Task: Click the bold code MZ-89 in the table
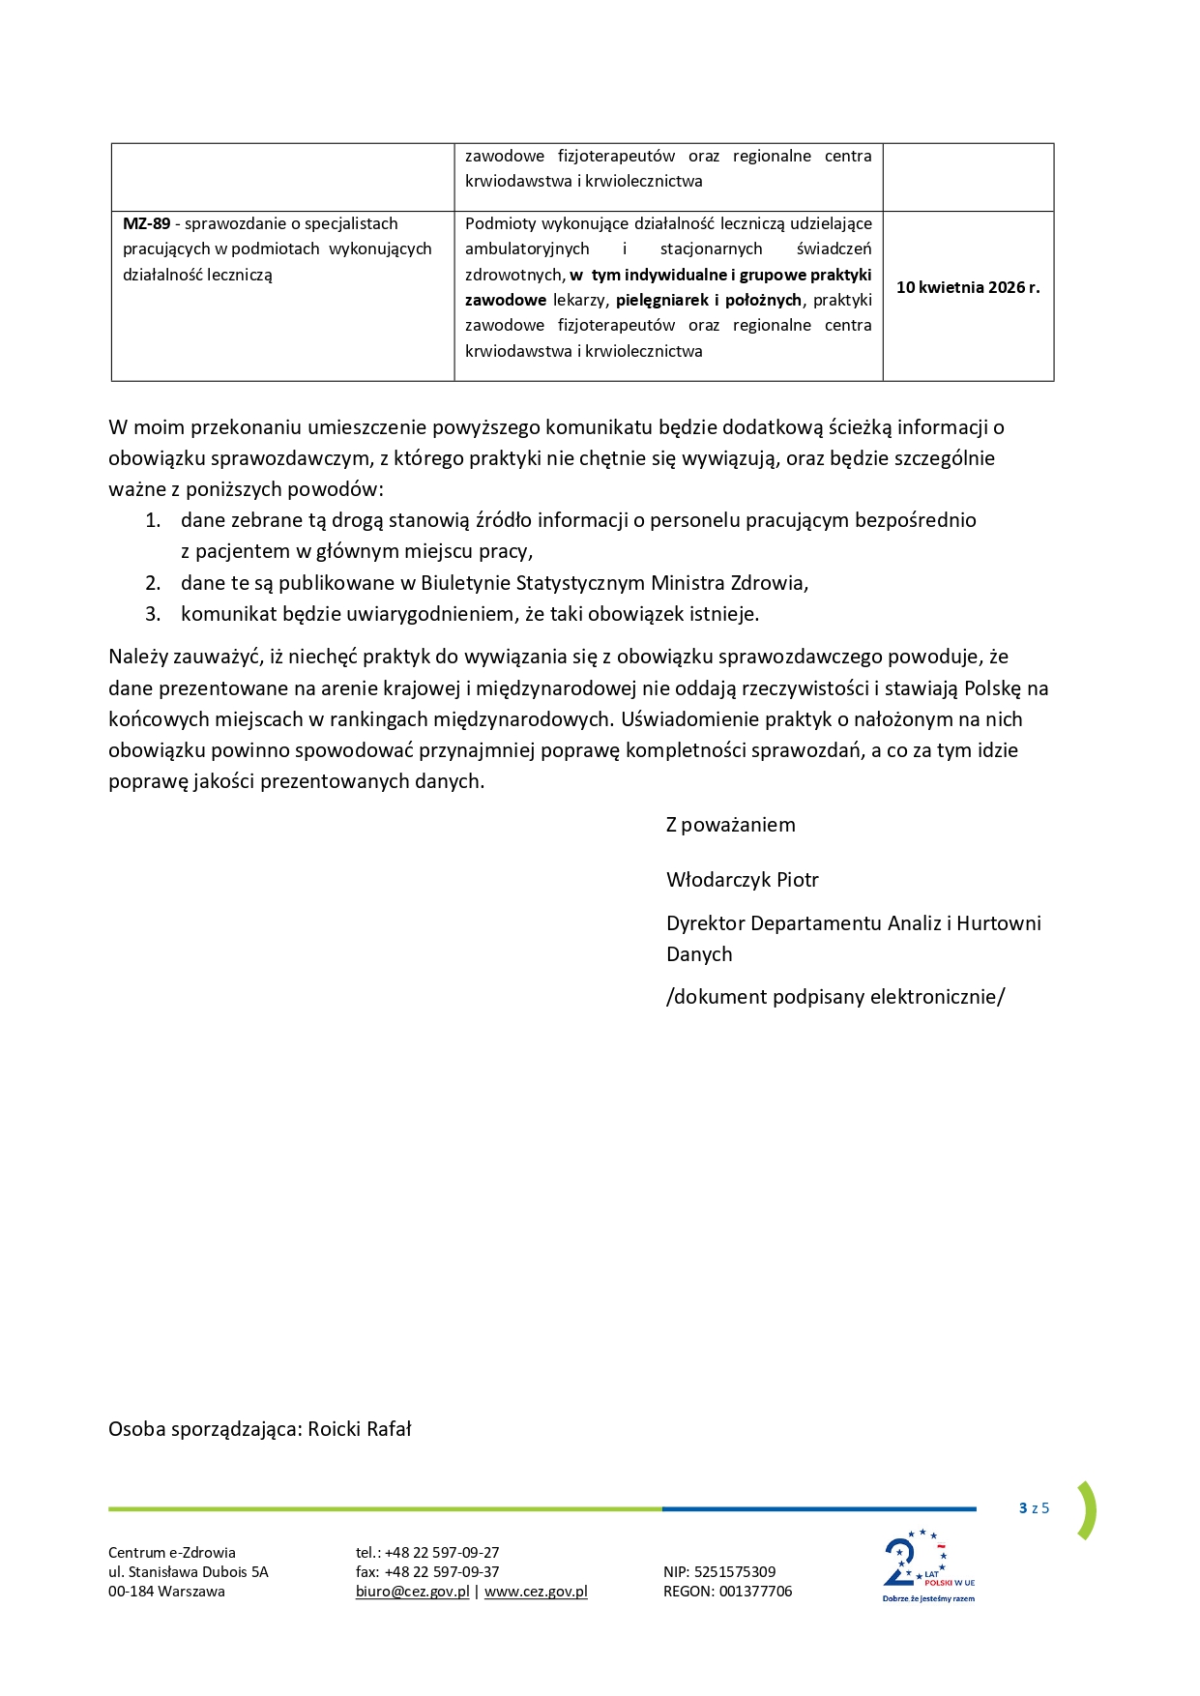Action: (x=146, y=223)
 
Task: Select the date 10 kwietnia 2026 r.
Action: (x=968, y=287)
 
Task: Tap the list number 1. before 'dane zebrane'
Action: (x=153, y=520)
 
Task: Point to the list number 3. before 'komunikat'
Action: (x=153, y=614)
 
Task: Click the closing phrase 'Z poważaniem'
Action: (x=730, y=825)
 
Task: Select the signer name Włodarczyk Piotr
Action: (x=742, y=880)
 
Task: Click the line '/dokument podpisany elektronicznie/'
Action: (x=835, y=997)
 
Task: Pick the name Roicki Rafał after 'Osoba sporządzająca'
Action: (x=360, y=1429)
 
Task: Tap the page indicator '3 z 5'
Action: (x=1034, y=1508)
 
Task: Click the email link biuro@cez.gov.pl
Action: (x=412, y=1592)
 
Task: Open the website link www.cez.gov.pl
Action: (x=536, y=1592)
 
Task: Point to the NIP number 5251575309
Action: (x=735, y=1572)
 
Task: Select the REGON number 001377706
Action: (x=755, y=1592)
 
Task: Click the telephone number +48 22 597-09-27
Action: (x=442, y=1553)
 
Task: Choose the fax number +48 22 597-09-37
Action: (x=442, y=1572)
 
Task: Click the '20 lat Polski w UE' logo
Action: (x=926, y=1565)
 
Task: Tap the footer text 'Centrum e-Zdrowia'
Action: (x=172, y=1553)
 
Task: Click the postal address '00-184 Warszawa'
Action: (x=166, y=1592)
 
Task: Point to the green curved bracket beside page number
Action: (x=1088, y=1509)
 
